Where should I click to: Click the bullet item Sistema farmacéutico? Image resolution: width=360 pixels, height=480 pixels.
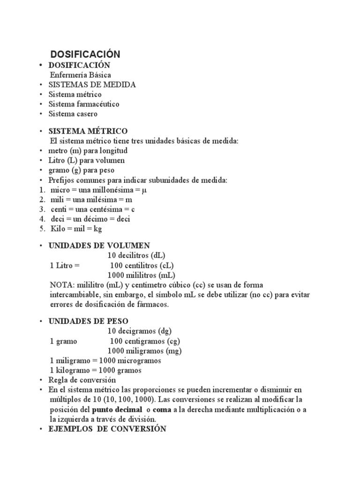84,104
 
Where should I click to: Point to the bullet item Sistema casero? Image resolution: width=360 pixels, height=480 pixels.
73,114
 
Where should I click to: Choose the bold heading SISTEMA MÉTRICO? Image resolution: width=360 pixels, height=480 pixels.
88,131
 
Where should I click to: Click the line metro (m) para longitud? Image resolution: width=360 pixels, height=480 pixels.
88,151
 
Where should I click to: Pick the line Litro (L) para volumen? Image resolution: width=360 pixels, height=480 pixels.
87,161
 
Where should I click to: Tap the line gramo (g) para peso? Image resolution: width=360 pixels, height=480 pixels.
81,170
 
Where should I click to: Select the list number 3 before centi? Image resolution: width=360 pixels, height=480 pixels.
42,209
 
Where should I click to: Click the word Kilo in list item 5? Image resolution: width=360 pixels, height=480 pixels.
58,229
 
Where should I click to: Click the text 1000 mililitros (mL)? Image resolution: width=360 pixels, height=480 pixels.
142,275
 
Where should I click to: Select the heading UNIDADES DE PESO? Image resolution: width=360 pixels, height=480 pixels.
89,321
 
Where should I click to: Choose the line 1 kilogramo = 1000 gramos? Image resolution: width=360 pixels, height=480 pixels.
96,370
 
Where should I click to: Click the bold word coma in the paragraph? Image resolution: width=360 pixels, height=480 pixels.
163,410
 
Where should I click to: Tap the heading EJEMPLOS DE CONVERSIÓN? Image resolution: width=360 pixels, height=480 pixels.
107,429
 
